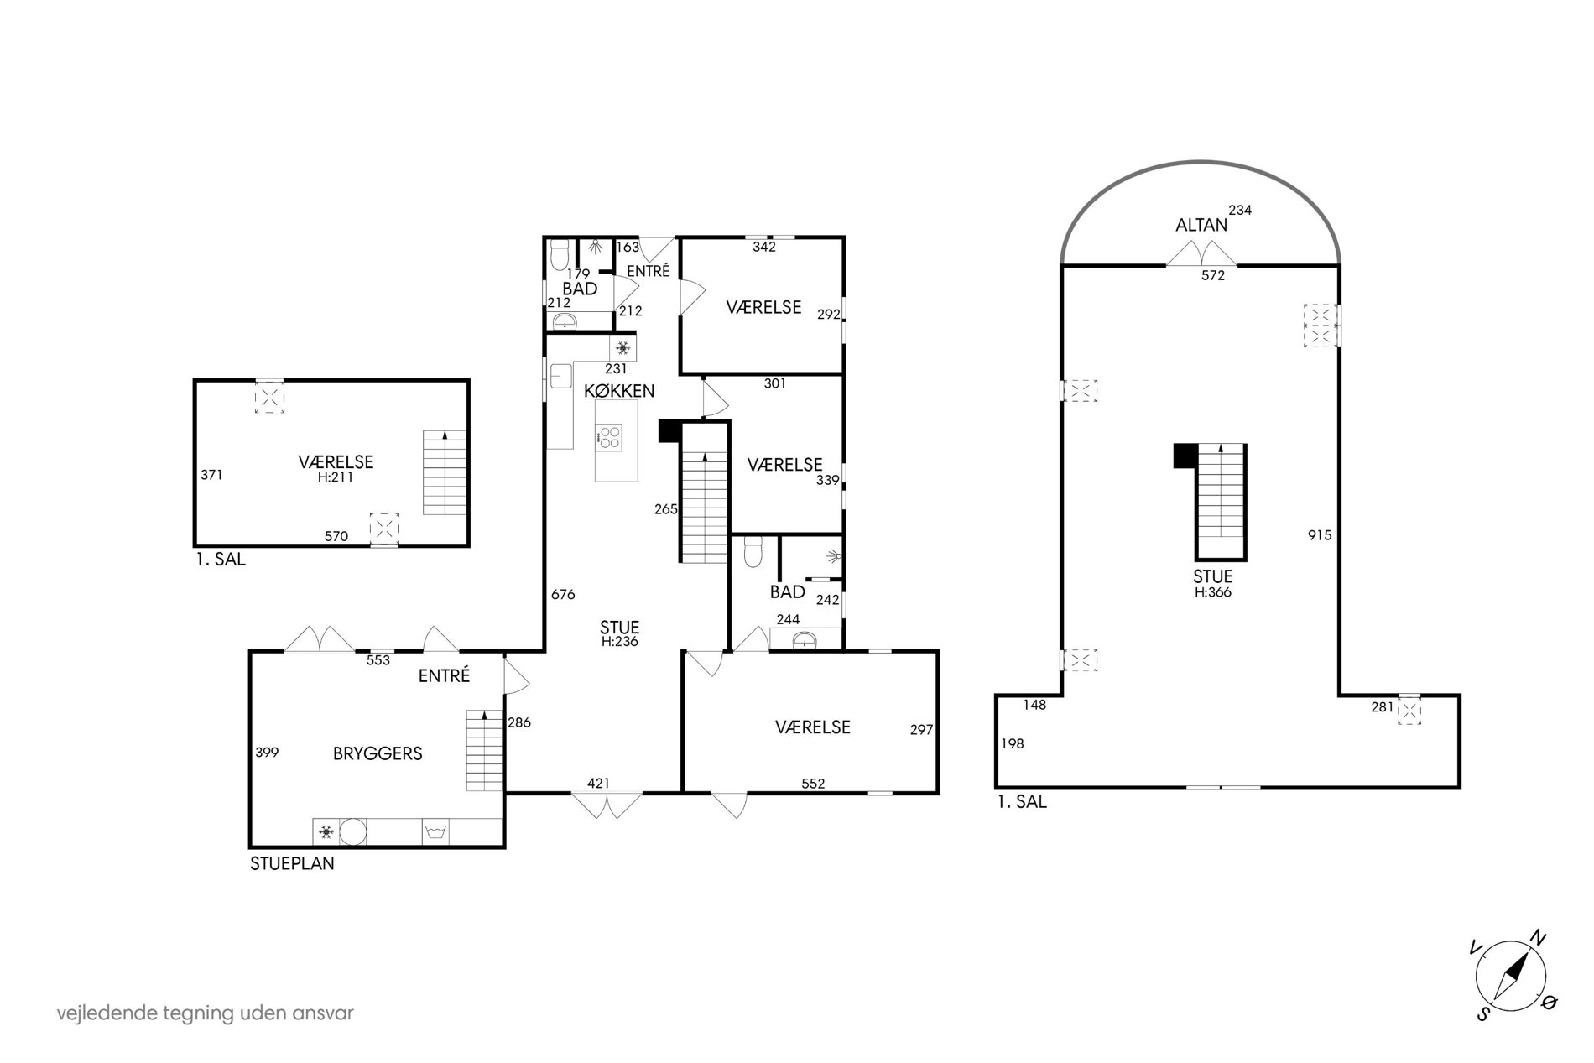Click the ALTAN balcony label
pos(1201,225)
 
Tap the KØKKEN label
pos(619,391)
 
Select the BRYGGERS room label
pos(378,753)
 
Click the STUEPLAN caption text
pos(292,863)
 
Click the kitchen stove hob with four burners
pos(609,436)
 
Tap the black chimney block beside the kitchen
pos(669,430)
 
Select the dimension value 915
pos(1320,534)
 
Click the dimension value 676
pos(563,594)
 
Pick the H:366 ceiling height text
pos(1213,591)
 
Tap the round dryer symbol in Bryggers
pos(353,832)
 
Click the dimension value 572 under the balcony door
pos(1213,275)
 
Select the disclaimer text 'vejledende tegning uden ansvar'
pos(206,1013)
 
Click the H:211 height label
pos(336,477)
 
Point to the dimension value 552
pos(813,784)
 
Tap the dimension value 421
pos(598,784)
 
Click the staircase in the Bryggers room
pos(484,750)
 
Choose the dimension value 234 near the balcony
pos(1240,211)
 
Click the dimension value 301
pos(774,383)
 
